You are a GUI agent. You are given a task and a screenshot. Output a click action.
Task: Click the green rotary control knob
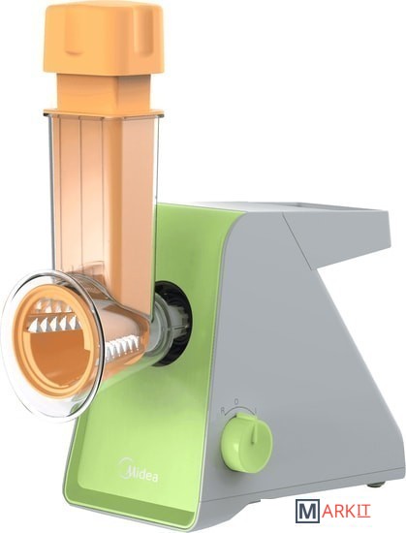pyautogui.click(x=247, y=443)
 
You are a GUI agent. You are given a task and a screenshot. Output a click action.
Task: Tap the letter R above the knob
pyautogui.click(x=223, y=411)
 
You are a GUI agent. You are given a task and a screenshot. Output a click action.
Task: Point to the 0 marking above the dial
pyautogui.click(x=236, y=402)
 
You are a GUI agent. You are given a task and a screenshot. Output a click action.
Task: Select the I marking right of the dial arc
pyautogui.click(x=255, y=411)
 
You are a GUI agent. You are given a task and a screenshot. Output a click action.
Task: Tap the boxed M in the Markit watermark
pyautogui.click(x=308, y=512)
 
